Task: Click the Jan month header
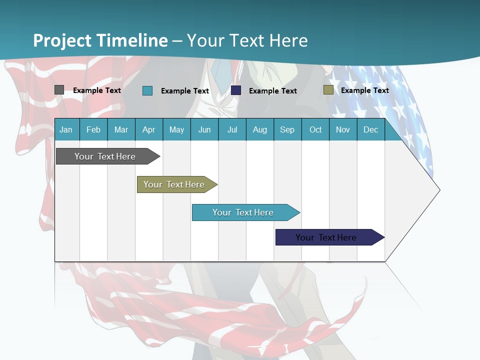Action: point(66,129)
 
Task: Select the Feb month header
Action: point(93,129)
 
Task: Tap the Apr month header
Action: point(149,129)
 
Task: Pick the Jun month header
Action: point(204,129)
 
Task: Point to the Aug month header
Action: point(260,129)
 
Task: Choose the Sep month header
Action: point(287,129)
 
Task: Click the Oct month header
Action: point(315,129)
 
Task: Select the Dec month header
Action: point(371,129)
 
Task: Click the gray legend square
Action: point(59,90)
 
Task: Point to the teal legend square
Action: point(147,90)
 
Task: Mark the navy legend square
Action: point(236,90)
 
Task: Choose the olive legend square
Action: point(328,90)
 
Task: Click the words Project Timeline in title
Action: point(100,40)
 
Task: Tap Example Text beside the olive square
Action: point(365,90)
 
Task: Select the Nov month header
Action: point(343,129)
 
